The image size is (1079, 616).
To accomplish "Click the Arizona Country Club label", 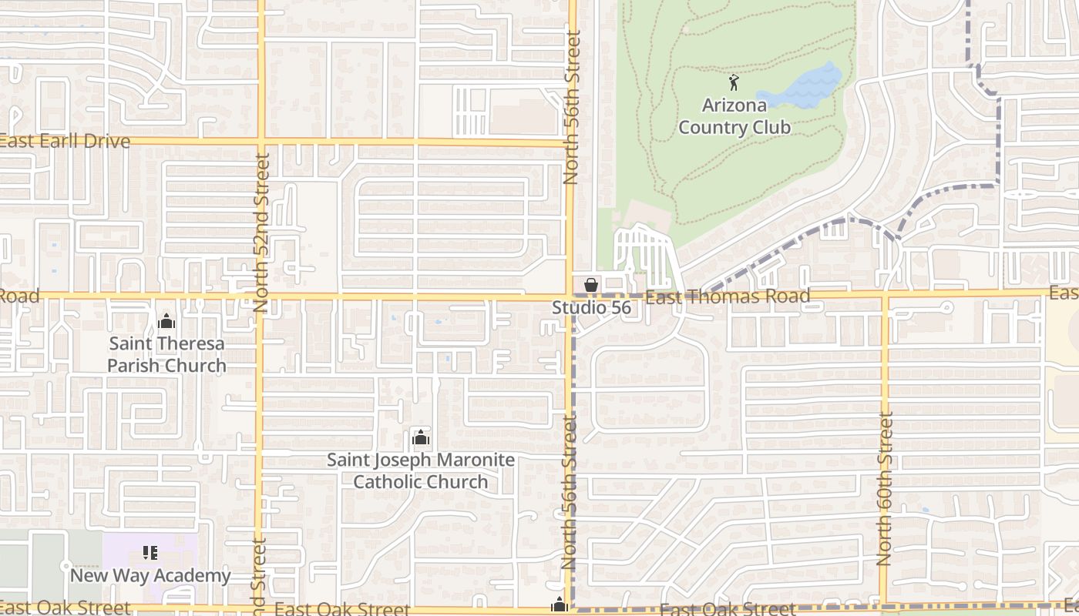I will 734,116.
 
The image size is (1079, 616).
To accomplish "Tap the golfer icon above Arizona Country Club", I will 734,82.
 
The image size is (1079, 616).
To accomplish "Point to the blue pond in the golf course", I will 809,86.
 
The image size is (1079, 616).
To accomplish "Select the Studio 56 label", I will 591,308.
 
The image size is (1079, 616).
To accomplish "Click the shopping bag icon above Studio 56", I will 591,286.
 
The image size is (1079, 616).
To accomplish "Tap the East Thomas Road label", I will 727,296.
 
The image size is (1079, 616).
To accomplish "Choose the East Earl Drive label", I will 65,142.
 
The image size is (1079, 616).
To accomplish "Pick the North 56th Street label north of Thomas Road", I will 570,108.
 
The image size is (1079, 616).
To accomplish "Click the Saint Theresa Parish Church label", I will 166,354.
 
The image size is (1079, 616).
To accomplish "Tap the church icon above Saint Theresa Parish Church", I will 166,322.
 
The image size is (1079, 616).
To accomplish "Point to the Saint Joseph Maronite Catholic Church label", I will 421,470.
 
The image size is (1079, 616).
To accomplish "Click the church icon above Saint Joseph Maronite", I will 421,438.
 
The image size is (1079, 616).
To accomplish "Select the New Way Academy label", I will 150,575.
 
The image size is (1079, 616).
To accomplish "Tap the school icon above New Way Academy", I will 150,553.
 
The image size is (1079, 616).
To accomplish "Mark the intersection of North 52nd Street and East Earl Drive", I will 261,142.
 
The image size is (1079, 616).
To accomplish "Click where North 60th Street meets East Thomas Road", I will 885,294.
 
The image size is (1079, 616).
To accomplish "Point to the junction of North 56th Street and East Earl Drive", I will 570,142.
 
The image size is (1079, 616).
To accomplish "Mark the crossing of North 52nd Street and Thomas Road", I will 261,296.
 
